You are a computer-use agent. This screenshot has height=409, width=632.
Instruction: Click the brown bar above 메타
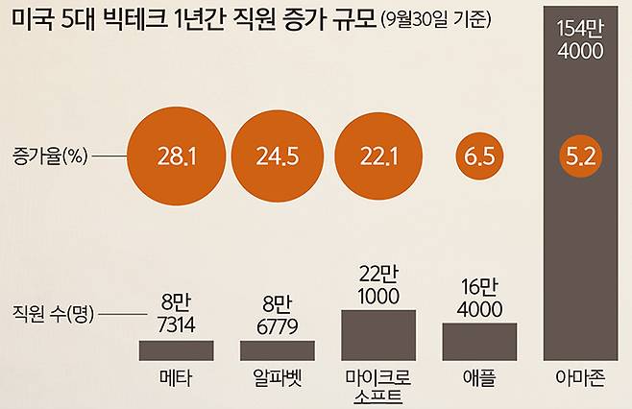click(177, 349)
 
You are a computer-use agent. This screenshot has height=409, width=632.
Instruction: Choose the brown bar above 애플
click(479, 341)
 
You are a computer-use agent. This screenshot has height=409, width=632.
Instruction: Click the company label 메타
click(177, 375)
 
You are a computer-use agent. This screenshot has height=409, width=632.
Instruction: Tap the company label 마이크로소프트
click(378, 383)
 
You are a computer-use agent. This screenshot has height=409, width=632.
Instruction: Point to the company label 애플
click(479, 375)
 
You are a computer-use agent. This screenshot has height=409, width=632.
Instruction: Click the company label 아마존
click(579, 375)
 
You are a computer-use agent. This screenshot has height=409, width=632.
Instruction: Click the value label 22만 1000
click(378, 285)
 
